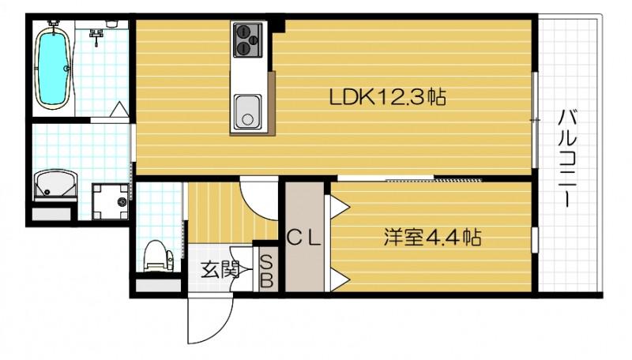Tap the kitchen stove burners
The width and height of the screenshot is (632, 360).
click(247, 39)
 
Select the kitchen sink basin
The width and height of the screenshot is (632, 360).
click(247, 111)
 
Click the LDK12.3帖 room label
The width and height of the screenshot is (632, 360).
click(387, 97)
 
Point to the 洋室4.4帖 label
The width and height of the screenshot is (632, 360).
click(434, 236)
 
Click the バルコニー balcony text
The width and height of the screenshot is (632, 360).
click(566, 159)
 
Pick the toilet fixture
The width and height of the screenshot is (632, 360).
click(158, 254)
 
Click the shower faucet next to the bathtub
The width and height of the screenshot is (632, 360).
click(98, 34)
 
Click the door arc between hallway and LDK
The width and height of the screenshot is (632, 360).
click(258, 197)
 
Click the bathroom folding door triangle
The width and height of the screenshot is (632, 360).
click(118, 111)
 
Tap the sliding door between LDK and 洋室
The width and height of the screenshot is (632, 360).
click(434, 180)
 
